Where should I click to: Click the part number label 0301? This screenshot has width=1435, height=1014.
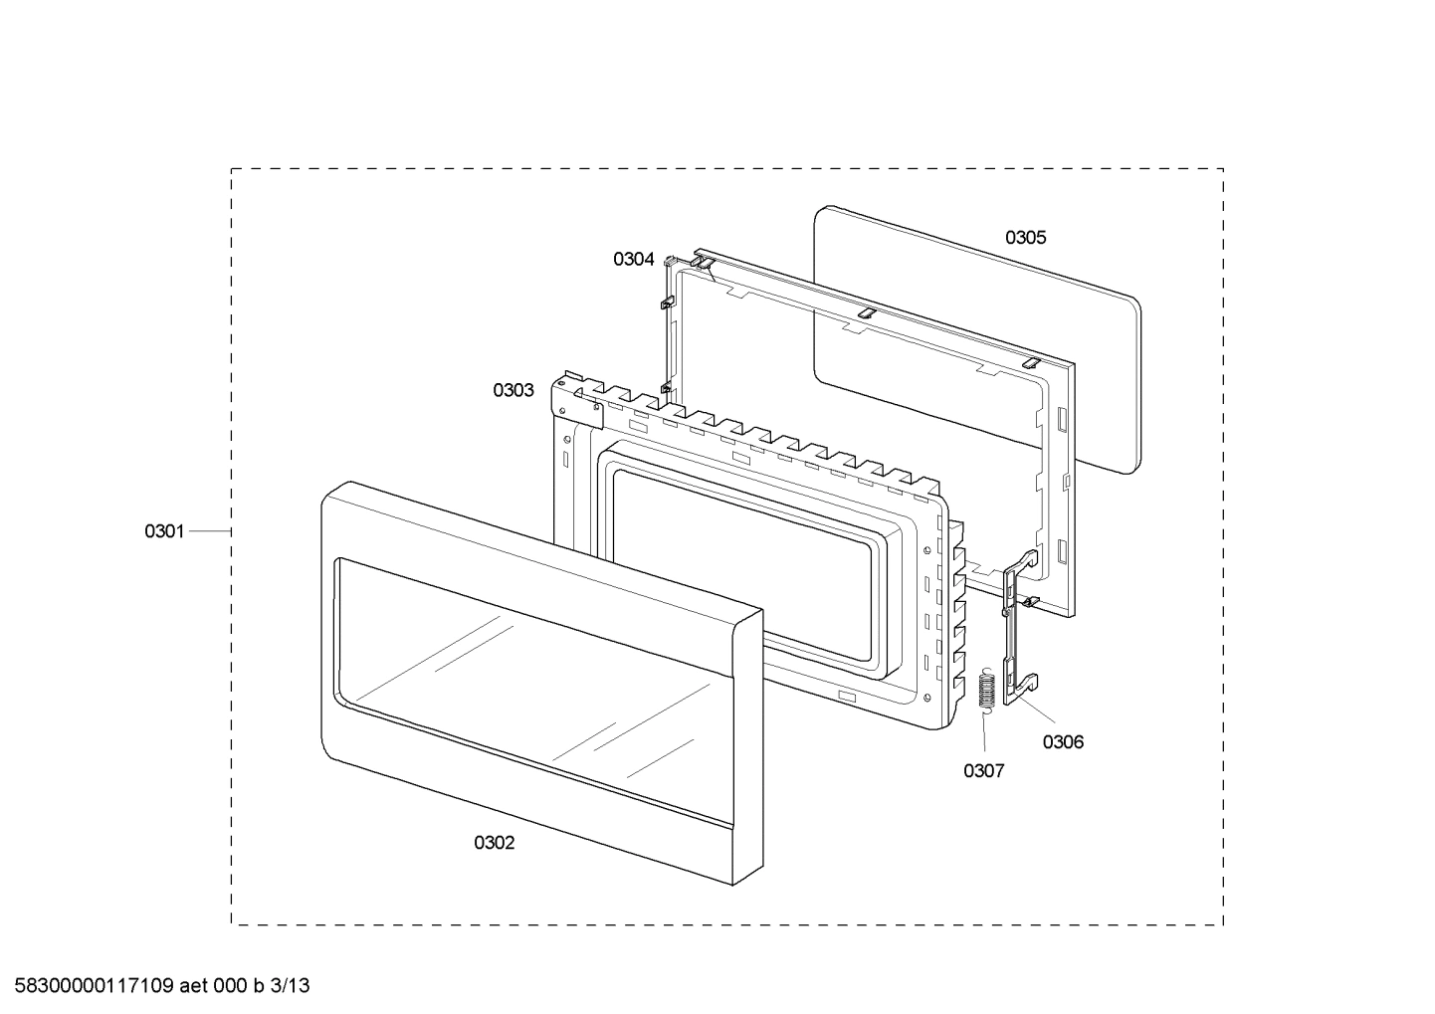coord(164,531)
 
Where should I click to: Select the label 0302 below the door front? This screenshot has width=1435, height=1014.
coord(494,843)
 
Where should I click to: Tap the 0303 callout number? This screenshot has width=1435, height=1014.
coord(513,390)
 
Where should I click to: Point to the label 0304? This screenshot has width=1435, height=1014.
coord(634,259)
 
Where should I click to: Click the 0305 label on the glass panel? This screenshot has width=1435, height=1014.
coord(1025,237)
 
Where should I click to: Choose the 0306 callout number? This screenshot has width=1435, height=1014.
coord(1063,741)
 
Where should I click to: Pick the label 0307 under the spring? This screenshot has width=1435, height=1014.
coord(983,770)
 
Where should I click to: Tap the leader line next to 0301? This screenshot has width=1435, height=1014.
coord(210,531)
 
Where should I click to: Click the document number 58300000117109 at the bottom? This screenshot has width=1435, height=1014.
coord(90,986)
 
